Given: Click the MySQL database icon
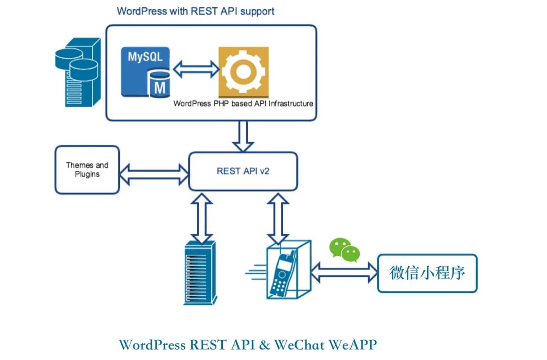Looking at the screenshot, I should coord(146,72).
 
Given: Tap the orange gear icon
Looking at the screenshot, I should coord(243,72).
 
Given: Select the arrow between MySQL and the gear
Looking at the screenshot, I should coord(196,69).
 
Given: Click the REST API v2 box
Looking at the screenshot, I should coord(243,171).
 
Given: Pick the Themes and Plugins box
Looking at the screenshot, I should coord(87,170).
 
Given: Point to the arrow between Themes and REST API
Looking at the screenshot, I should coord(154,174).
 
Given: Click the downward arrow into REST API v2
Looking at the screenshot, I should coord(243,136).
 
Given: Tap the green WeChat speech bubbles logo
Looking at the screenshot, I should coord(345,250).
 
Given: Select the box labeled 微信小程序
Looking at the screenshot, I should coord(427,273).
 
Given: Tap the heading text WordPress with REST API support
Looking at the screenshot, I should coord(196,11).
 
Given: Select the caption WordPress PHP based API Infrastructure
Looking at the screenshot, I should coord(243,104).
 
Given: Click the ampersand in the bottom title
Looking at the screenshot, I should coord(265,345).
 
